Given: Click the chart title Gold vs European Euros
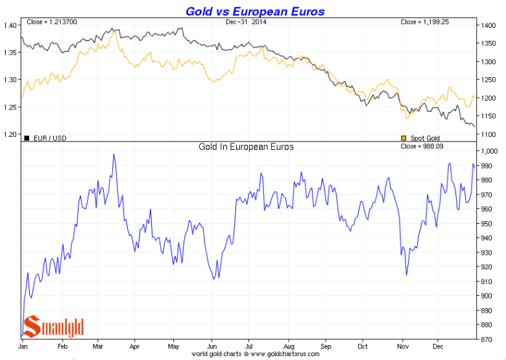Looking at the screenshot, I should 255,11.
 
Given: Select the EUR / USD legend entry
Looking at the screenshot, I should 45,138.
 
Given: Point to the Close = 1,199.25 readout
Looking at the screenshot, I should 426,22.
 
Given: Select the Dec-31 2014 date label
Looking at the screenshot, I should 246,22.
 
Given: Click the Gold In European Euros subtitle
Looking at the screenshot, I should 246,147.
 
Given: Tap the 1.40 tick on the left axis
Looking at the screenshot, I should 10,25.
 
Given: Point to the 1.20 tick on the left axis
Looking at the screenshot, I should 10,135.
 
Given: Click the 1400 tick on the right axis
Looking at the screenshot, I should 488,25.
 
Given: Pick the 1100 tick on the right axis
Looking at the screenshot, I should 488,135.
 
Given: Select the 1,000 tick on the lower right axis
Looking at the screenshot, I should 489,150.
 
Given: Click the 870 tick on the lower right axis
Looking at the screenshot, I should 487,339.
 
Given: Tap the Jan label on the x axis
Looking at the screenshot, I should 23,347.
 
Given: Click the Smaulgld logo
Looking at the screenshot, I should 54,327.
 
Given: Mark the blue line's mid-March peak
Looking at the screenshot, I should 114,154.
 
